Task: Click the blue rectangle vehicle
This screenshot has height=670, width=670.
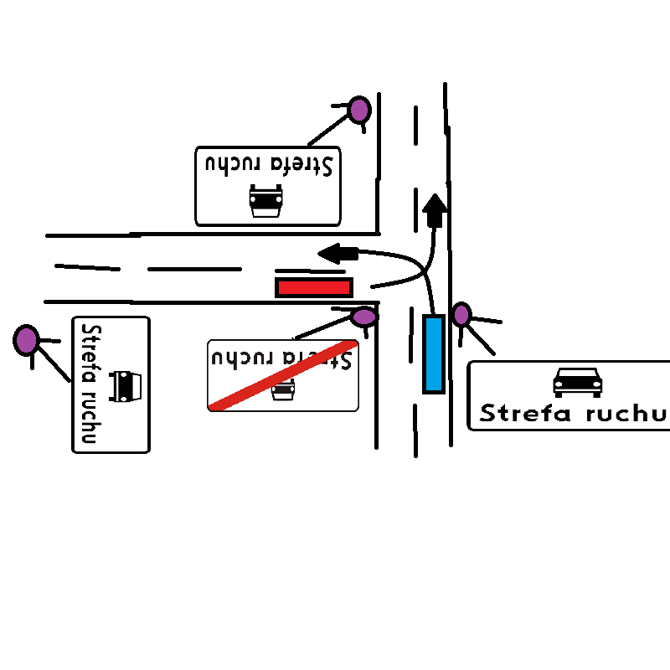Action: point(433,353)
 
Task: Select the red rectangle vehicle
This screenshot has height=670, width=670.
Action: point(314,287)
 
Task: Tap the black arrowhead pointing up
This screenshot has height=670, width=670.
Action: point(435,209)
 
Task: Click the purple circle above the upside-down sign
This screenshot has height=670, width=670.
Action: point(359,109)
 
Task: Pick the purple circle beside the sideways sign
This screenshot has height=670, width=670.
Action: point(26,339)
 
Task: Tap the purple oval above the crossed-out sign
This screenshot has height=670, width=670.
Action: point(364,317)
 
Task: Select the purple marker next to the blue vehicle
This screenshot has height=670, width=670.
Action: point(461,314)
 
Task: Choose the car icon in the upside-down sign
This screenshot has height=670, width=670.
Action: point(266,202)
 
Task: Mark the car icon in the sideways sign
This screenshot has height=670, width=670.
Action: point(123,385)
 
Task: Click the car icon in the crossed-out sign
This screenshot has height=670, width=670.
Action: point(283,390)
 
